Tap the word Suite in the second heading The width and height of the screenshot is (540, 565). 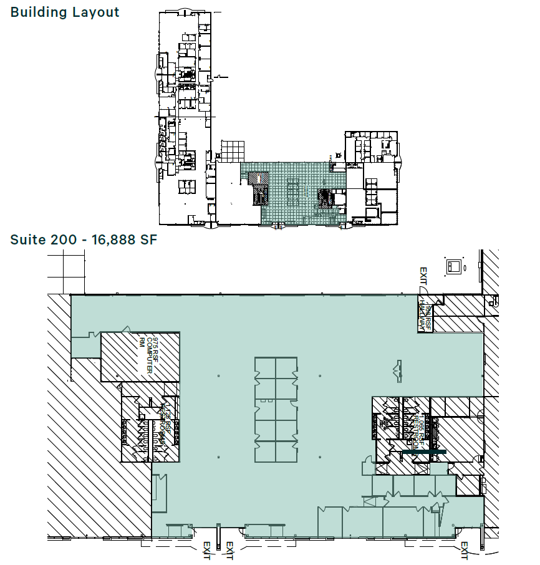pyautogui.click(x=26, y=239)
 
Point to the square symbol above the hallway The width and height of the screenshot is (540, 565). pyautogui.click(x=453, y=266)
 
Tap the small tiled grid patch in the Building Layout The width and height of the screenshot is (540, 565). pyautogui.click(x=231, y=151)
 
